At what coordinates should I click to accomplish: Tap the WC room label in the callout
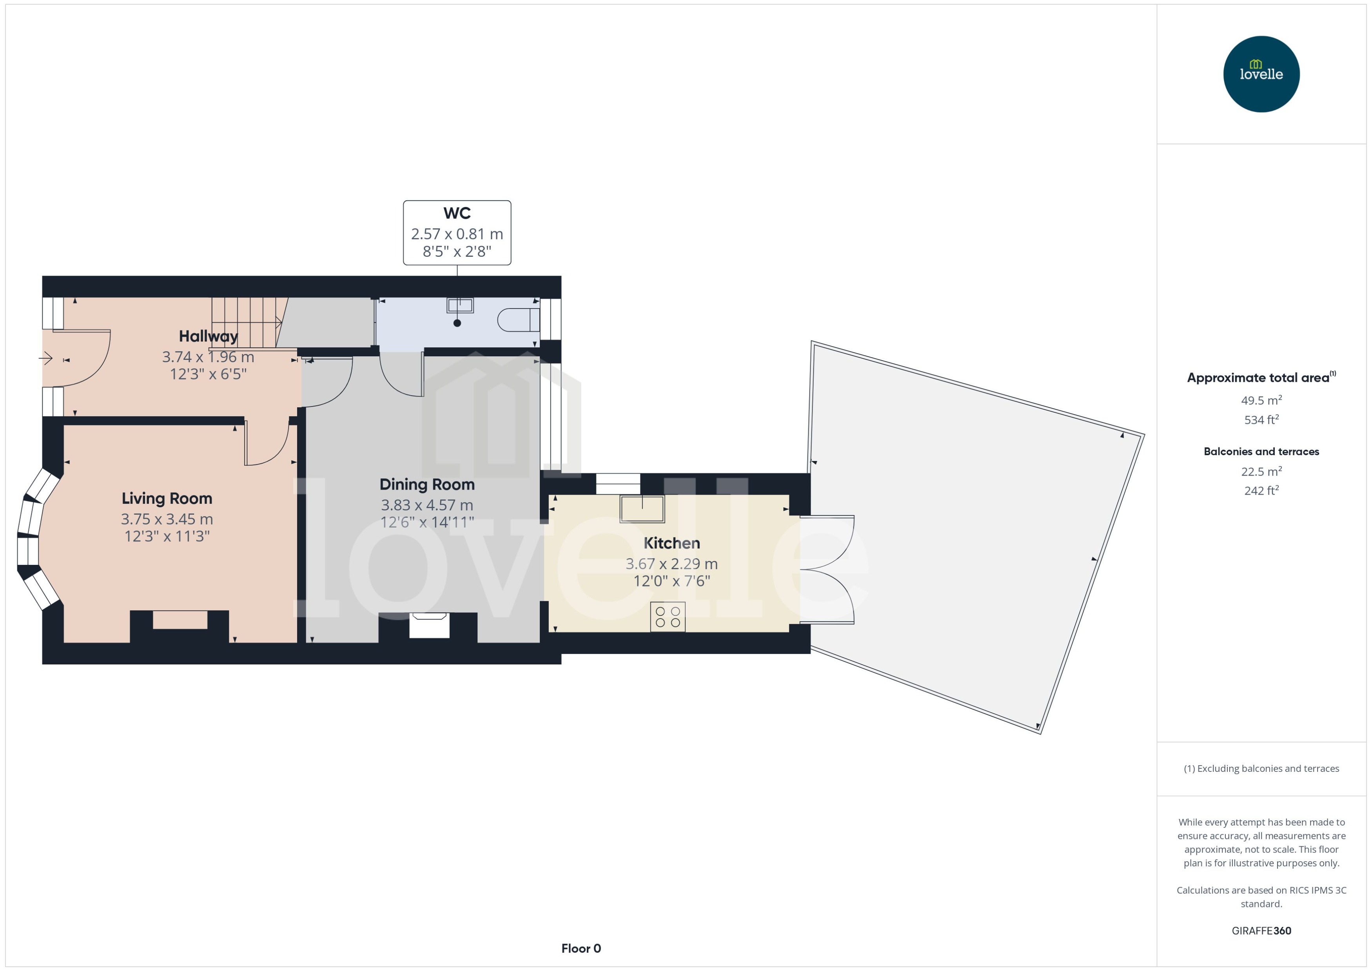coord(457,214)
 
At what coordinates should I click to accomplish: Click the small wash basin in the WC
coord(460,305)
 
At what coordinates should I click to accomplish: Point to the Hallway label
coord(208,337)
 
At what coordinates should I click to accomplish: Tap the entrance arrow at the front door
coord(46,359)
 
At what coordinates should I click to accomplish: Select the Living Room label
coord(167,499)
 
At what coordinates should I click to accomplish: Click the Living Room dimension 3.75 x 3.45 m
coord(167,519)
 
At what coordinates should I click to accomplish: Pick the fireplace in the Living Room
coord(180,620)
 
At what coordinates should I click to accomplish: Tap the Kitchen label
coord(671,543)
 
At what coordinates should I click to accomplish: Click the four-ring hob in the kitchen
coord(668,617)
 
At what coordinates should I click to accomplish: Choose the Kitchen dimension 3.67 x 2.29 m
coord(671,564)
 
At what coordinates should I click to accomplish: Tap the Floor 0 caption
coord(581,948)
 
